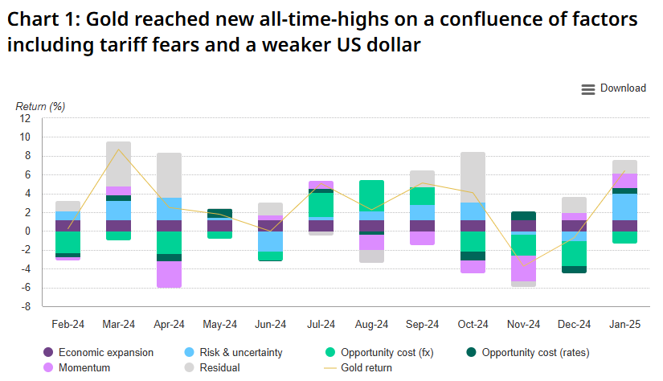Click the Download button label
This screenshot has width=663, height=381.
(x=623, y=88)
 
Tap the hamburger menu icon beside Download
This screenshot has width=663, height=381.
(x=587, y=88)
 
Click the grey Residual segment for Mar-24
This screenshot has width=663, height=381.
(x=118, y=164)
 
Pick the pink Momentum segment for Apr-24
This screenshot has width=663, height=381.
(x=169, y=274)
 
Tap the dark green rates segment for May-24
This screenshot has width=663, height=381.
(x=219, y=214)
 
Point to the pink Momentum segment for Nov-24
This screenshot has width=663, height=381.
(x=523, y=268)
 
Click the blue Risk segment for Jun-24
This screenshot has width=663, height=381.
(x=270, y=241)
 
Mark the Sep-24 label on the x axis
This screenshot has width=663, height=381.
(x=422, y=324)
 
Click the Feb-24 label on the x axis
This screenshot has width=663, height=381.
(x=68, y=324)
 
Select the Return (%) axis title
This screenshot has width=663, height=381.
(x=40, y=106)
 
